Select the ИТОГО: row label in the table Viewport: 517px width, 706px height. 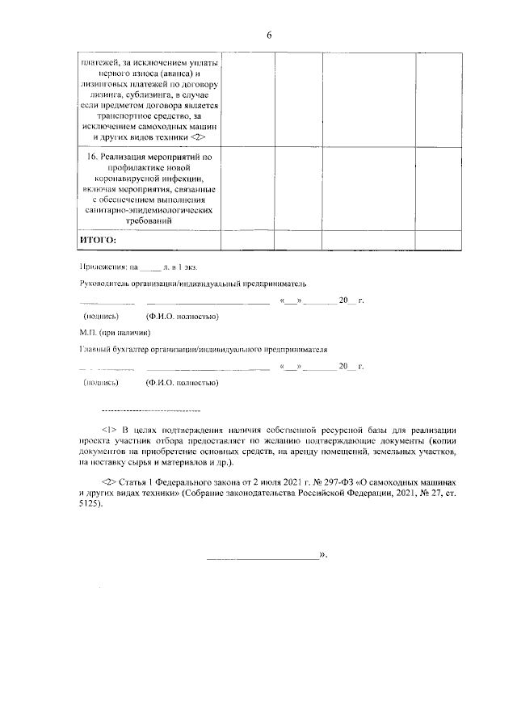tap(99, 240)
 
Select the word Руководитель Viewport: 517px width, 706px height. tap(104, 284)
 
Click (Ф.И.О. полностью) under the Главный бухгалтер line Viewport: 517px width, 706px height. tap(182, 382)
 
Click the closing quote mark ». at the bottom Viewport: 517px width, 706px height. tap(322, 556)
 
